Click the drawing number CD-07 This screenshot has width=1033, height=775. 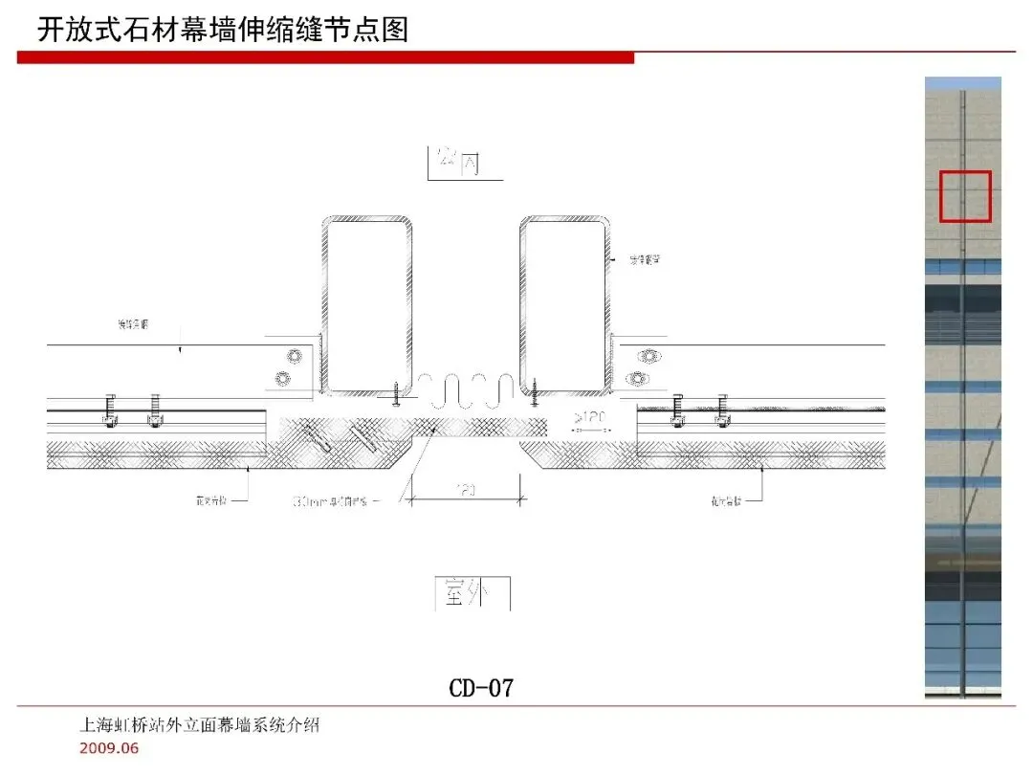coord(481,687)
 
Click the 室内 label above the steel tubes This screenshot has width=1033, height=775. coord(457,163)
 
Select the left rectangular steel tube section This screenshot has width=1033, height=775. coord(367,305)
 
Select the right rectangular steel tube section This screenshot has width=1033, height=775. coord(565,305)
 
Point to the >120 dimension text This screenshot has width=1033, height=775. coord(591,417)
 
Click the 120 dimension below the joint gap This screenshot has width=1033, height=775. coord(466,490)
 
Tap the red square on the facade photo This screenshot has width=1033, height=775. coord(965,196)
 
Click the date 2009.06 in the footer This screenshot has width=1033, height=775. coord(109,748)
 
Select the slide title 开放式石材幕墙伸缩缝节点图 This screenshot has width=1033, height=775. coord(223,30)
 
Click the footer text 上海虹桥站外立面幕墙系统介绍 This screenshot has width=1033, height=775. coord(199,725)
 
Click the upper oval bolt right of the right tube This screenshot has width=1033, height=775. coord(651,356)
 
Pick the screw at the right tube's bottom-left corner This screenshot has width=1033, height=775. coord(535,392)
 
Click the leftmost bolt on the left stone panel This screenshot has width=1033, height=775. coord(110,410)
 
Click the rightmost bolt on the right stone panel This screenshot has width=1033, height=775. coord(724,410)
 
